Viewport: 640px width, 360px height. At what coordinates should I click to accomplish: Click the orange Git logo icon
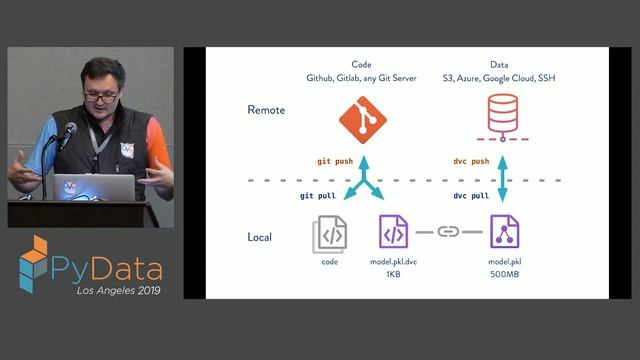pyautogui.click(x=363, y=120)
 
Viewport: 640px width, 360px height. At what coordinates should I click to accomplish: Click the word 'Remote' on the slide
pyautogui.click(x=266, y=110)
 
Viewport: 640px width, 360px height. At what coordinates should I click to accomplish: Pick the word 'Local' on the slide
pyautogui.click(x=260, y=237)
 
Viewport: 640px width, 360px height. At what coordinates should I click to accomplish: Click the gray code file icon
pyautogui.click(x=330, y=235)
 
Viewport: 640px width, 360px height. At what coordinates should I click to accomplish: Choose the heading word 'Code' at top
pyautogui.click(x=361, y=63)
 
